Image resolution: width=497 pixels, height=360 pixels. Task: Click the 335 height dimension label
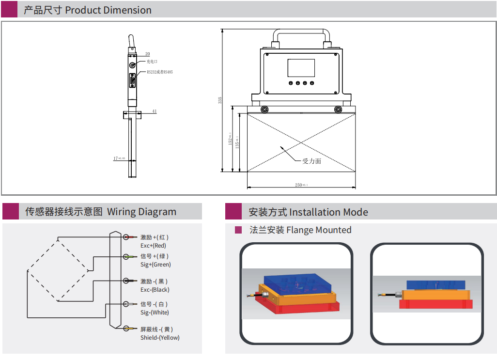220,100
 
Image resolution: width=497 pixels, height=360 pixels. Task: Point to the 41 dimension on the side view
155,111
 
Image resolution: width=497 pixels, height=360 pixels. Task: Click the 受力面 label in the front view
311,161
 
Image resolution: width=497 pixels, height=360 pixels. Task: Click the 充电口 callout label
152,62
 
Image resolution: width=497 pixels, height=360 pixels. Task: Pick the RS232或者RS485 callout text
159,72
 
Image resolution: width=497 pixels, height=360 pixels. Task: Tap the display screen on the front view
301,68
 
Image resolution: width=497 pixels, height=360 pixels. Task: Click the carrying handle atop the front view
301,31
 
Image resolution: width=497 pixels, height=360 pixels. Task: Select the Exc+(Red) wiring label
153,246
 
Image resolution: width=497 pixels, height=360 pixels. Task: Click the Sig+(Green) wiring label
155,265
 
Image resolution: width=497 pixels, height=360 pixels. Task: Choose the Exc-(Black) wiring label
155,290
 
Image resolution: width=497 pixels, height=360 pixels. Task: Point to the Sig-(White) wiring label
155,313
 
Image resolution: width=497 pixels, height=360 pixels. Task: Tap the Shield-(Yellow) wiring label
160,338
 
